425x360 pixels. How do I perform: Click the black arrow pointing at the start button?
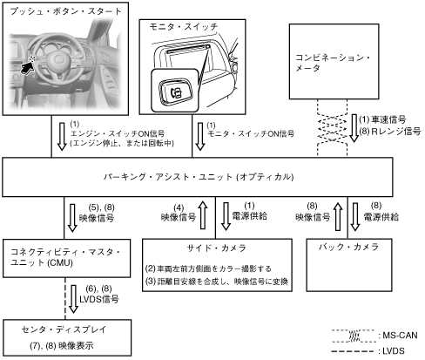(27, 68)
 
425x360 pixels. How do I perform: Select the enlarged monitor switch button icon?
(175, 91)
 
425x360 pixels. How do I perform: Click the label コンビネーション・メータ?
(333, 63)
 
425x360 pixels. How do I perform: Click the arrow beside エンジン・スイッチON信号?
(62, 136)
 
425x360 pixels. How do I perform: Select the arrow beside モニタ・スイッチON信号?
(200, 136)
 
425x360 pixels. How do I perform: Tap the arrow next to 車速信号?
(354, 128)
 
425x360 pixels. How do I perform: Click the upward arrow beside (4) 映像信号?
(203, 215)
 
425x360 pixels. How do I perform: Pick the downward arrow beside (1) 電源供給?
(226, 216)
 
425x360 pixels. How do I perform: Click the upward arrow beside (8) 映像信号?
(338, 216)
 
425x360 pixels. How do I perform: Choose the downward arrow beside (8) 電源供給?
(355, 216)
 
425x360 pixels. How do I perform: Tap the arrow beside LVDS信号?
(73, 299)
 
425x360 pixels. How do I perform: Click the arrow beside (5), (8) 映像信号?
(72, 218)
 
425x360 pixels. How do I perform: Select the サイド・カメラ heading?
(217, 248)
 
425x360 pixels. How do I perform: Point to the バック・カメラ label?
(348, 247)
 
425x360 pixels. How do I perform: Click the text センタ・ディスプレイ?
(64, 329)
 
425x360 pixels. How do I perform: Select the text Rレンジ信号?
(396, 132)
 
